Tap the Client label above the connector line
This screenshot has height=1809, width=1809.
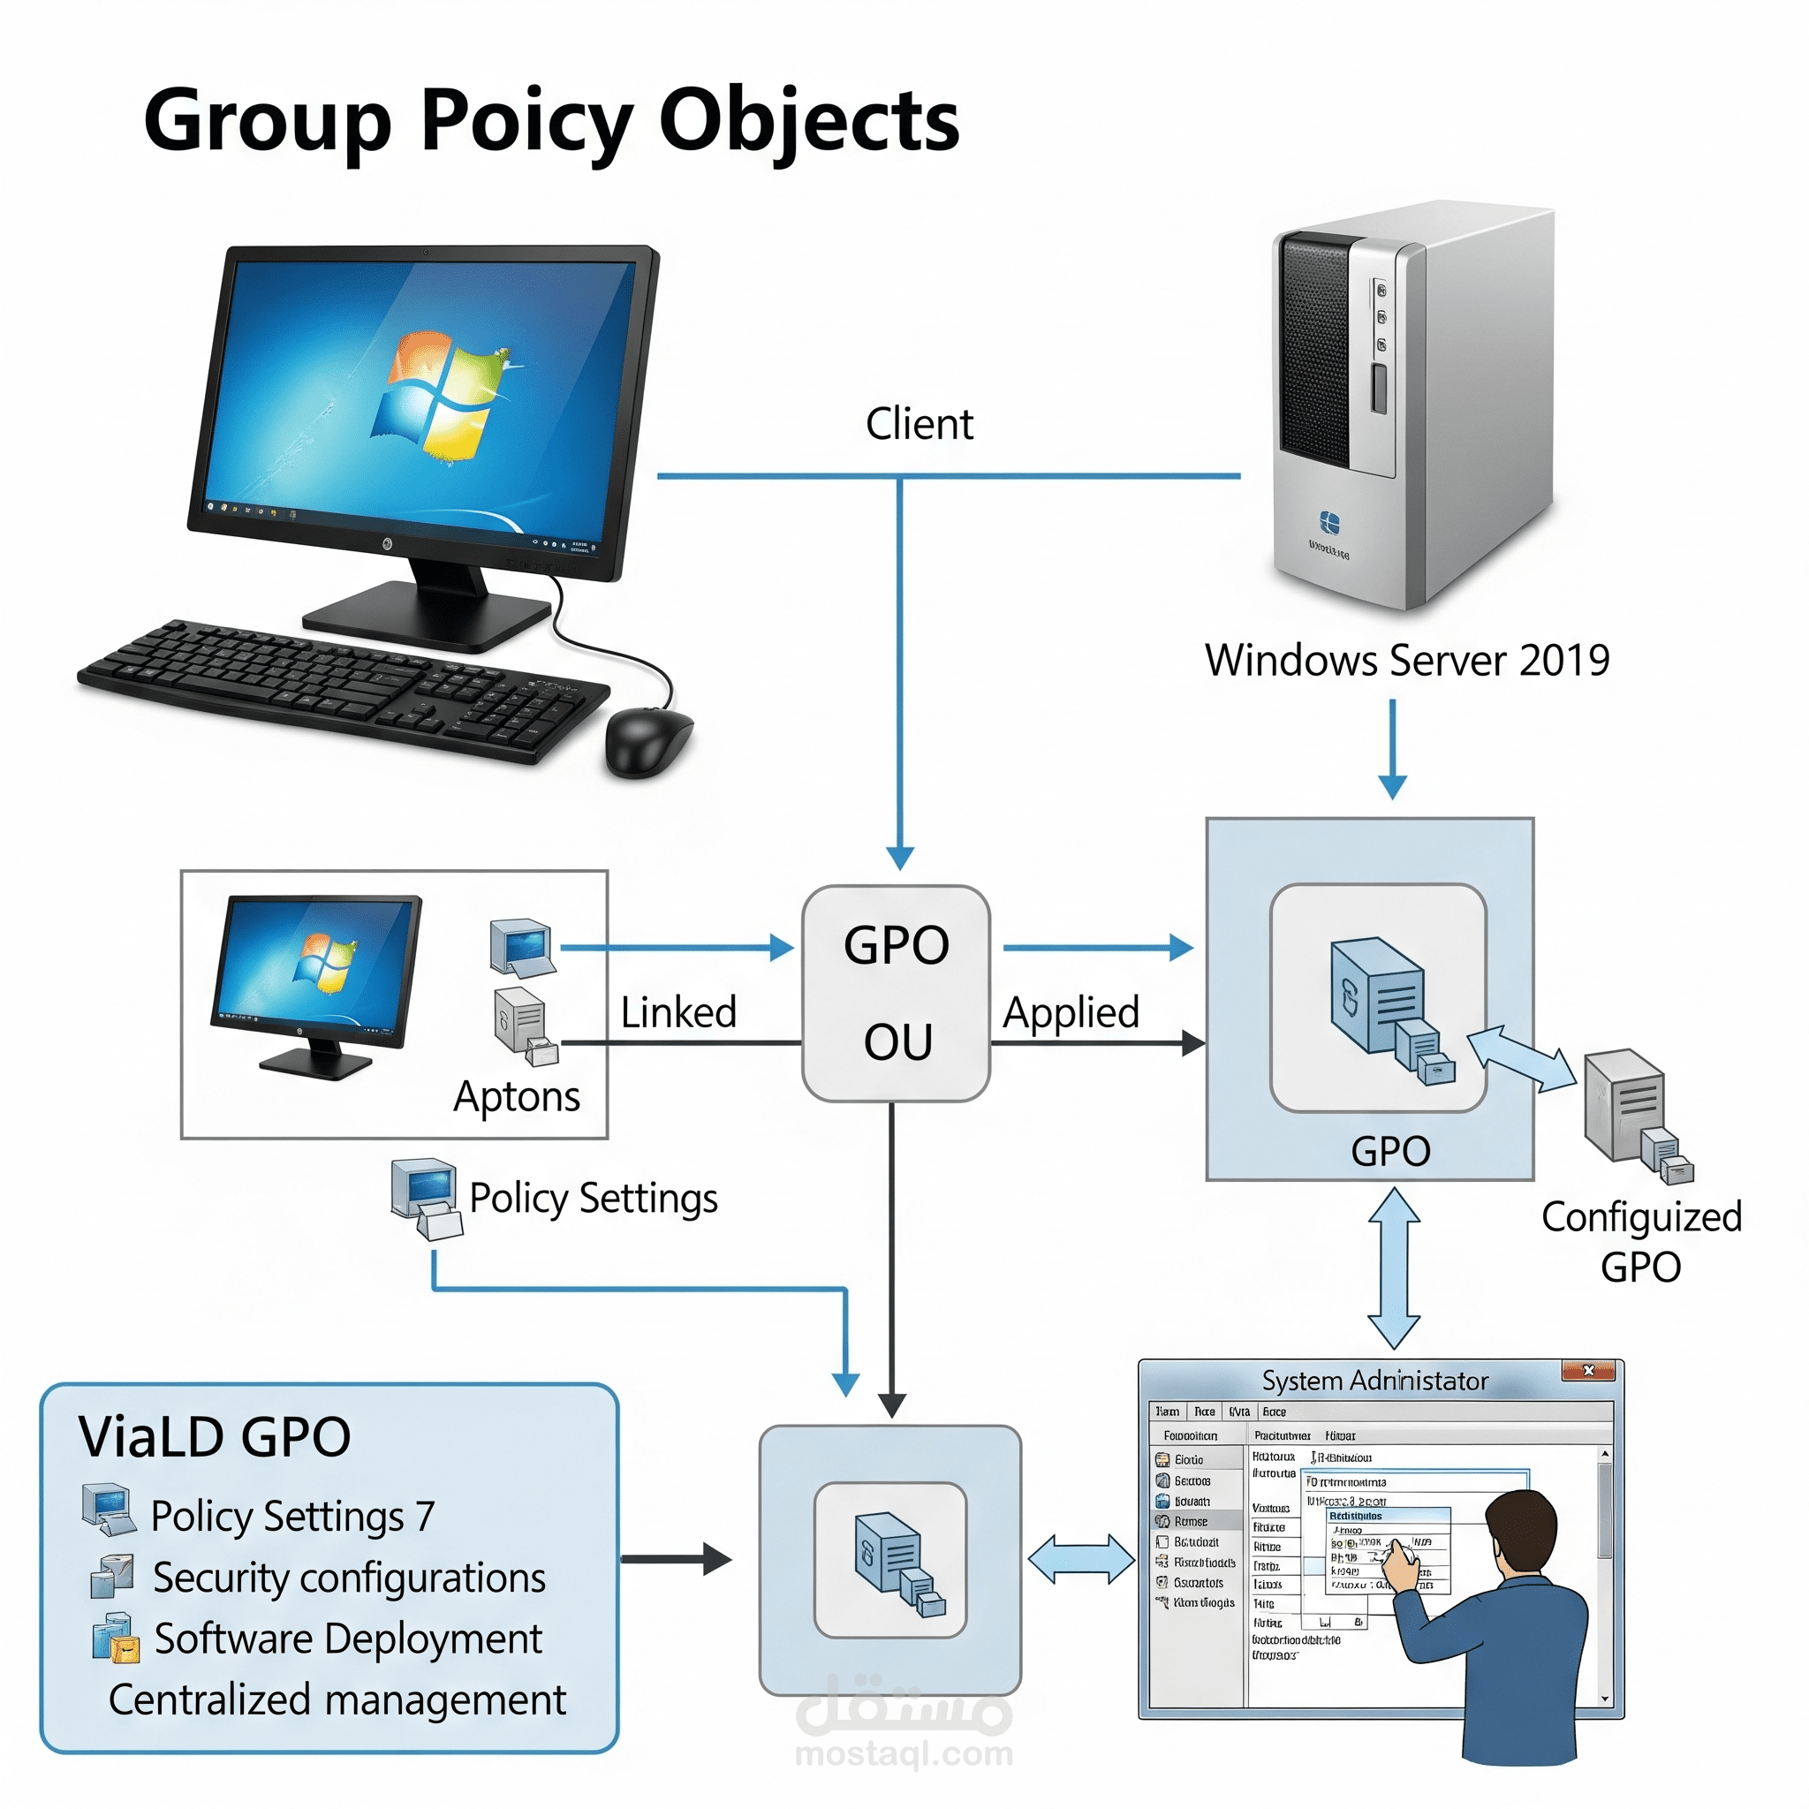click(919, 424)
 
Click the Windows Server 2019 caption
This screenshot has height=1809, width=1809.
click(1406, 660)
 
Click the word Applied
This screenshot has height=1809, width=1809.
click(1071, 1012)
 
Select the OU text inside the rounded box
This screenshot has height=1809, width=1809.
click(897, 1042)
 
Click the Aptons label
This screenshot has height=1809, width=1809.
click(517, 1096)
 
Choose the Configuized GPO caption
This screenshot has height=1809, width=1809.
click(1640, 1242)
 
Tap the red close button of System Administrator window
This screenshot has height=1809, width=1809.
click(1588, 1371)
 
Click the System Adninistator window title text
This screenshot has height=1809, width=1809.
click(1374, 1381)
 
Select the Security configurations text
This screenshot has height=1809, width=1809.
click(349, 1578)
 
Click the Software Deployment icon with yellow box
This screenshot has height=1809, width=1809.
click(116, 1638)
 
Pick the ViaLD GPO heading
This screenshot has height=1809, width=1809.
click(215, 1437)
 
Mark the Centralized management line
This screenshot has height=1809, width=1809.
click(337, 1699)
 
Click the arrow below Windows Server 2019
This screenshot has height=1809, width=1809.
click(1392, 749)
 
